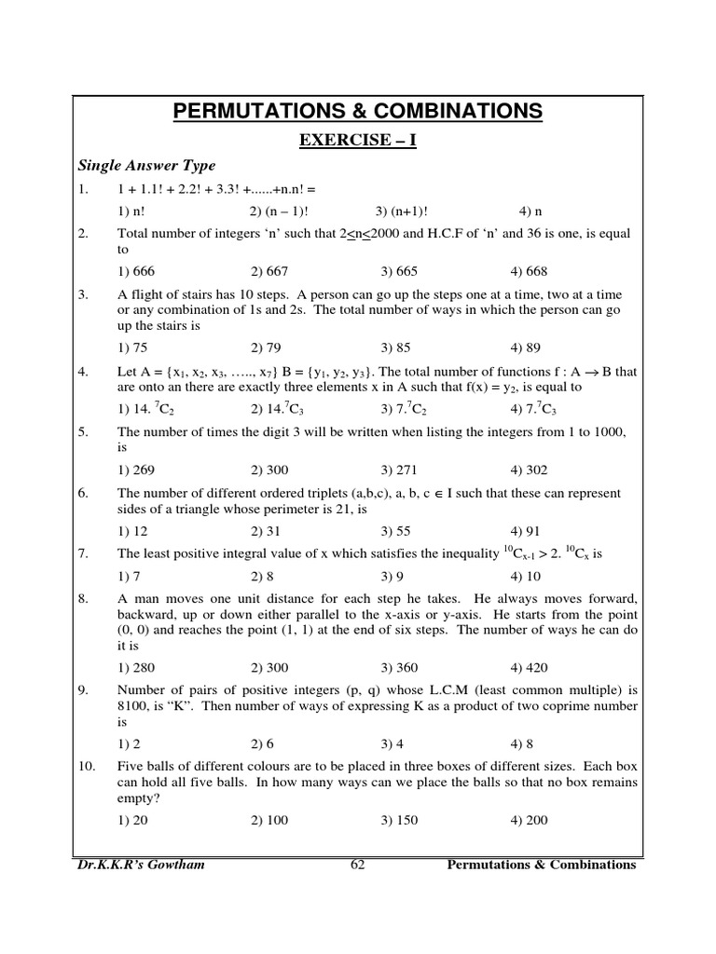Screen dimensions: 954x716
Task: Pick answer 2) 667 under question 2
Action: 269,272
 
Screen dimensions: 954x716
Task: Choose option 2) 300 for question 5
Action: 269,470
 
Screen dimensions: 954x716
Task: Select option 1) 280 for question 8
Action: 136,667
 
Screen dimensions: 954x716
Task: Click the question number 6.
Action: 83,493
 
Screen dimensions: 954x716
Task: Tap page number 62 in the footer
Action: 357,865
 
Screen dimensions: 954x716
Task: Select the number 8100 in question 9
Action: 136,706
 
